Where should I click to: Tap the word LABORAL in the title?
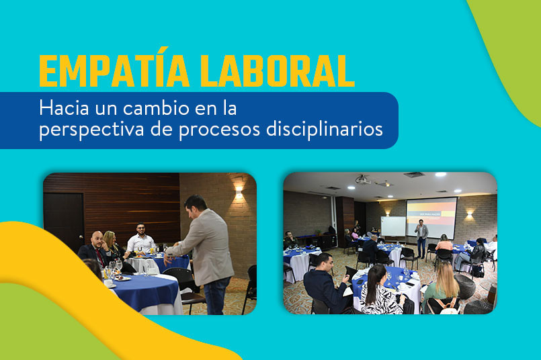click(278, 71)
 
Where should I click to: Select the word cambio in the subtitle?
click(156, 108)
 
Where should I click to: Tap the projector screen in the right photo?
click(431, 216)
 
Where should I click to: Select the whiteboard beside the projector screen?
click(393, 226)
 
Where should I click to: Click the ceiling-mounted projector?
click(362, 179)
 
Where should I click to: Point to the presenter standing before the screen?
click(421, 238)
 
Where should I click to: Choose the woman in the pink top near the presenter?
click(444, 243)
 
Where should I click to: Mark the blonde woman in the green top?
click(442, 287)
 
